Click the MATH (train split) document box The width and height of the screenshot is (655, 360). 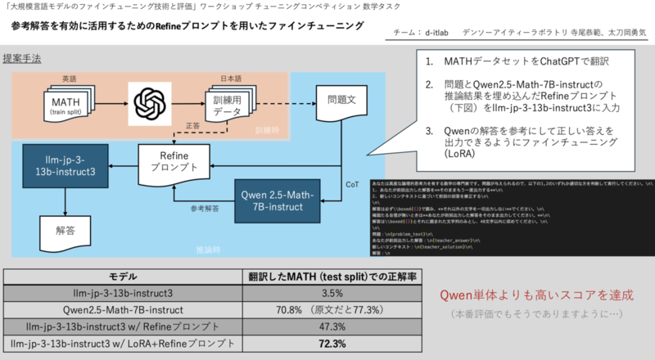pyautogui.click(x=66, y=106)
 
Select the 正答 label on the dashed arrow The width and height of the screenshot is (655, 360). pyautogui.click(x=193, y=127)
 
